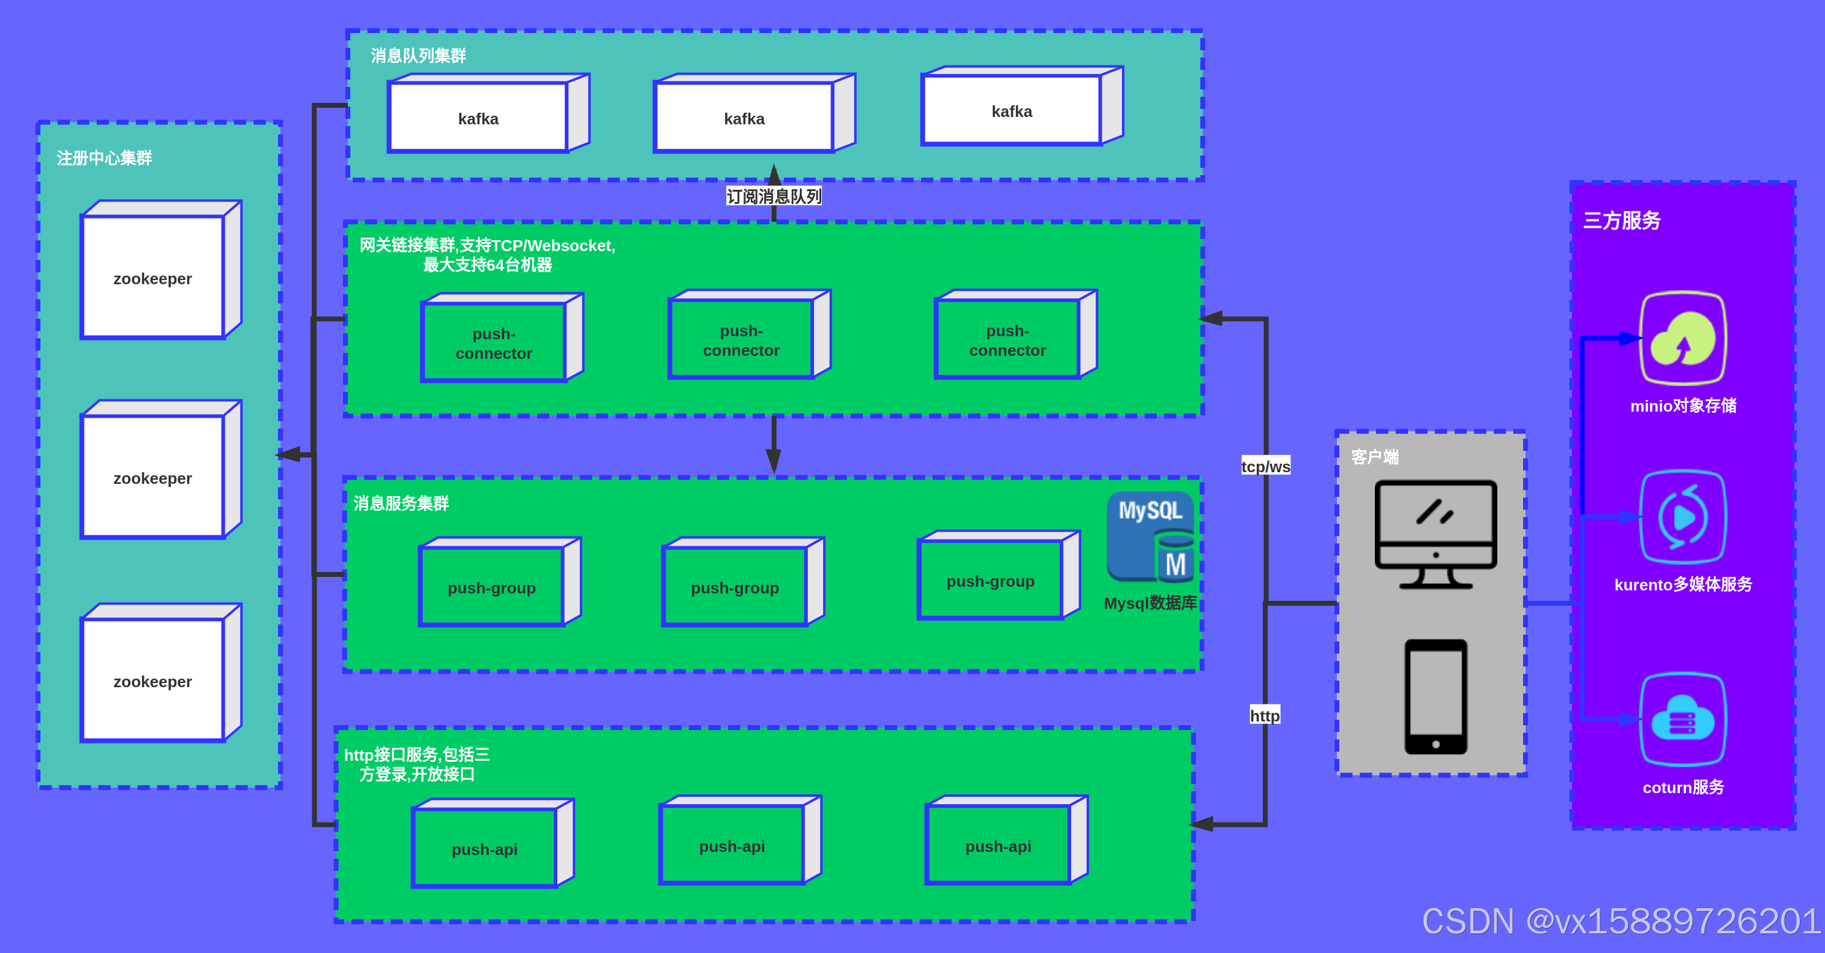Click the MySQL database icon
pos(1150,537)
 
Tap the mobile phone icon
pos(1436,696)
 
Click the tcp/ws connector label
pos(1265,466)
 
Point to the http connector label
pos(1265,715)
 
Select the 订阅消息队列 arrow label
pos(773,196)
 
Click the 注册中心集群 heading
pos(104,158)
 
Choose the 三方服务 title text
pos(1622,220)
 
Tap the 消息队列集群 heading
pos(418,55)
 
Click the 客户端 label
pos(1374,457)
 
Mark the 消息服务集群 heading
pos(401,503)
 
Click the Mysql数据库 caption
pos(1150,603)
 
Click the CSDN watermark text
pos(1621,921)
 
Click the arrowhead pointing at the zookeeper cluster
pos(288,454)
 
